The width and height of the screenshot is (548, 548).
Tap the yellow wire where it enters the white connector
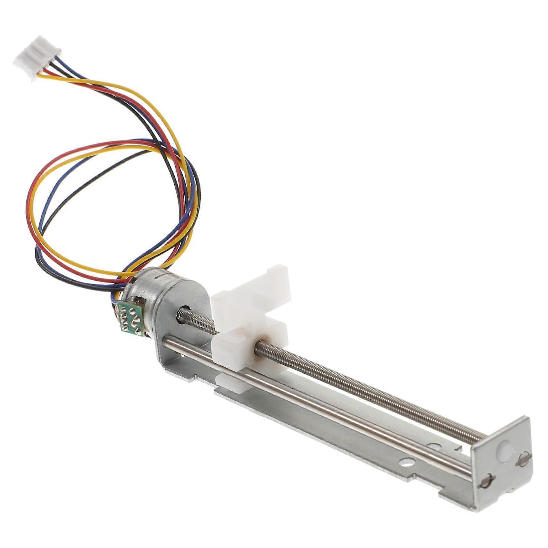point(42,76)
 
